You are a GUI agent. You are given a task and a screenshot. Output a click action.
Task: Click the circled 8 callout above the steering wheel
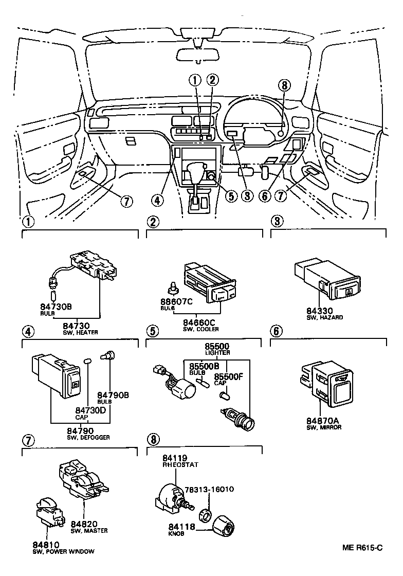pyautogui.click(x=286, y=86)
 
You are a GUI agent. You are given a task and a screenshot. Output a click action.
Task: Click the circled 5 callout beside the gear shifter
pyautogui.click(x=231, y=196)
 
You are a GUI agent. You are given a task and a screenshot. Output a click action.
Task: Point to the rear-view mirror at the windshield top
pyautogui.click(x=197, y=53)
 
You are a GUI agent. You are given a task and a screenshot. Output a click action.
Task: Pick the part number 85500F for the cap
pyautogui.click(x=227, y=376)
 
